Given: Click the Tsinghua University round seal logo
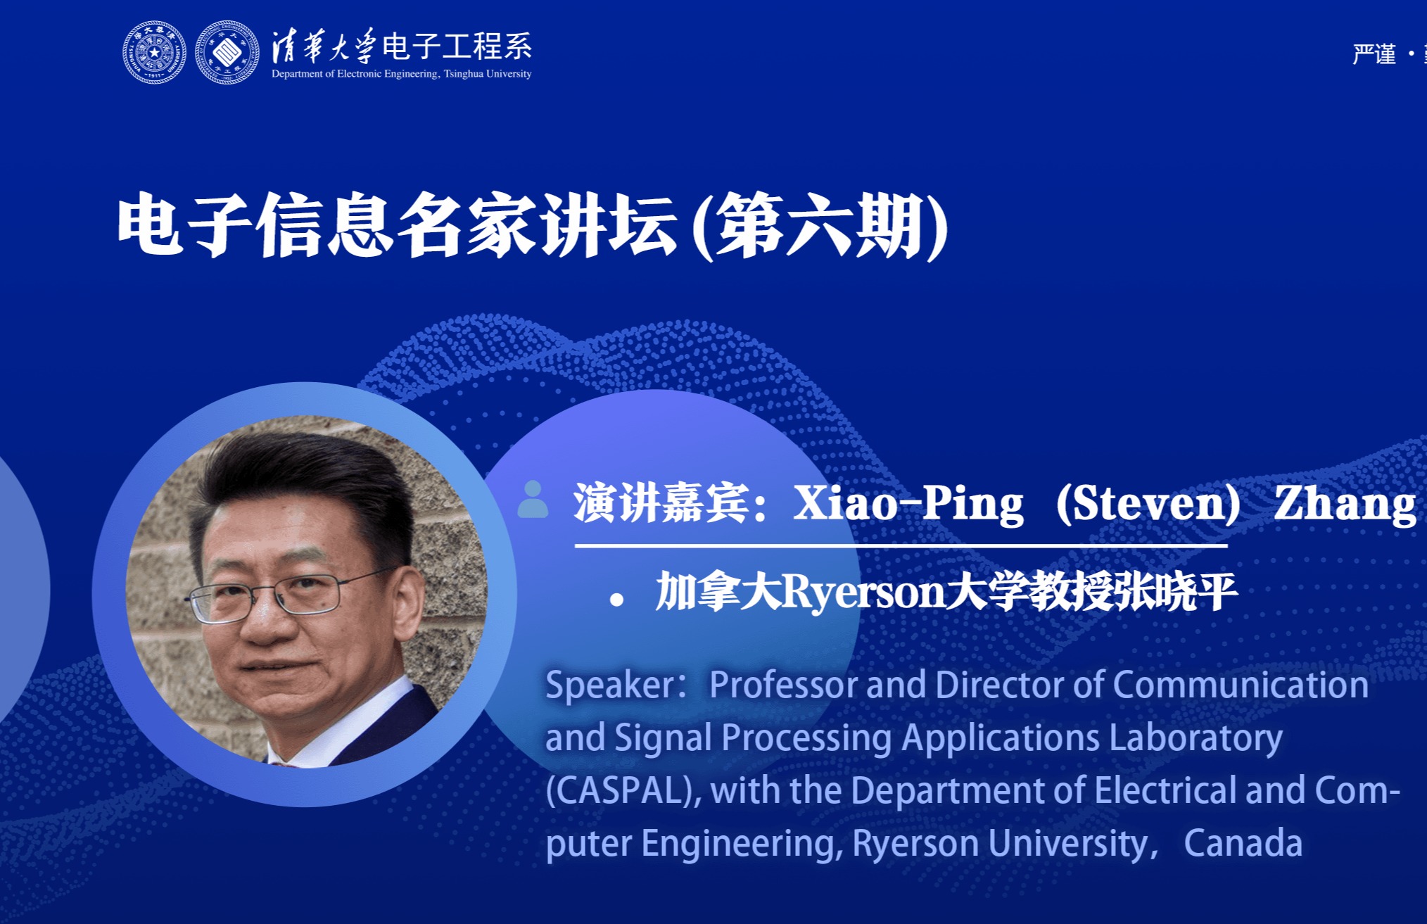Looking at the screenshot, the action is pos(155,53).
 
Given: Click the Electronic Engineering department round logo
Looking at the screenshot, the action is pos(227,53).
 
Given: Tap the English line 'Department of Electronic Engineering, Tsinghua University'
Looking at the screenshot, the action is pos(402,74).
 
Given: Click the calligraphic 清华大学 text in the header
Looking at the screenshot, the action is pos(324,46).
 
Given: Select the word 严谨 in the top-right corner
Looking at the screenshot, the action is pos(1374,54).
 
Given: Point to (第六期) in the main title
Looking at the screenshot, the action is pos(820,227).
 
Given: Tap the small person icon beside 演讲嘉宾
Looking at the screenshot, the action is pos(533,500).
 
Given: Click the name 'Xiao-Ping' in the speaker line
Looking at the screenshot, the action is pos(908,504).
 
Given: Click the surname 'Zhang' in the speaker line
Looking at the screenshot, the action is pos(1345,505).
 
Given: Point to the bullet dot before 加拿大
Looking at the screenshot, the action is pos(617,600).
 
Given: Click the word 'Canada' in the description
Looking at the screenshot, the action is pos(1243,843).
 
